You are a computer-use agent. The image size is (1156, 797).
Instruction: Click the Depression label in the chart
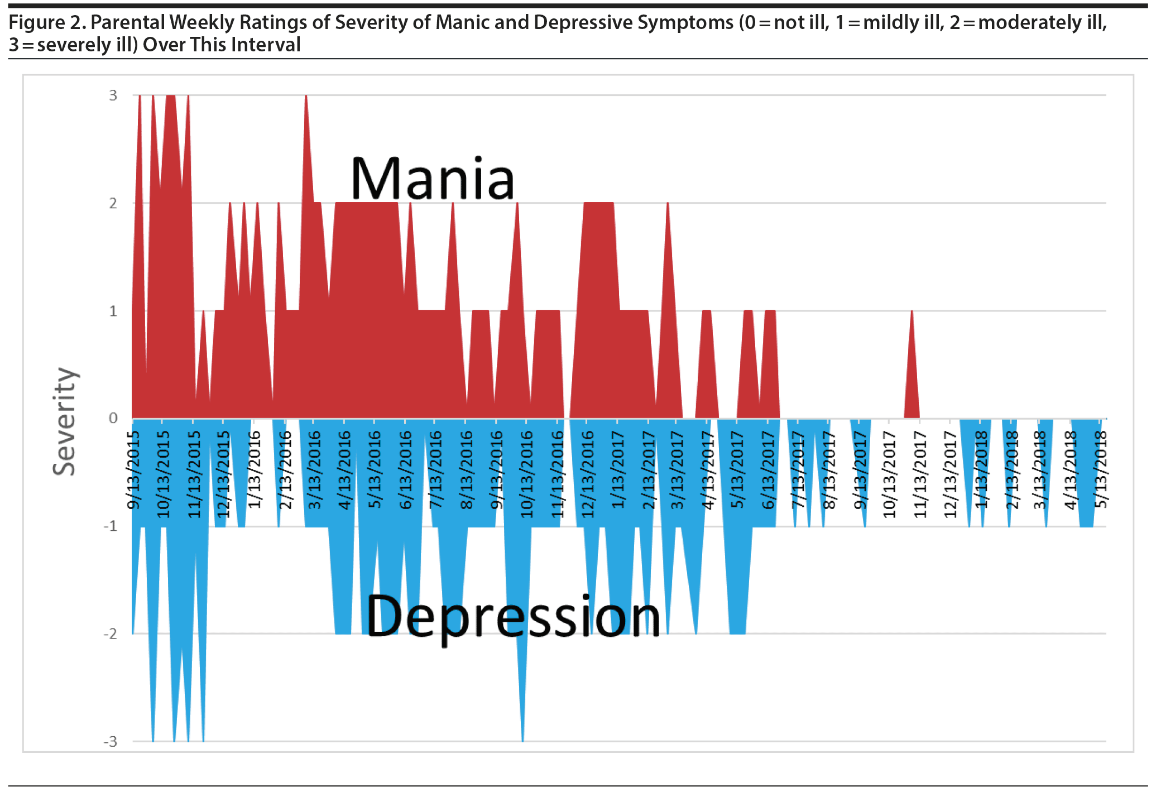coord(513,617)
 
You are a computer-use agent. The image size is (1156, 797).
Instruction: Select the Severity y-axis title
coord(65,421)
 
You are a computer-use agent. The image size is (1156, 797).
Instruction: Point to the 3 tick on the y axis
coord(113,95)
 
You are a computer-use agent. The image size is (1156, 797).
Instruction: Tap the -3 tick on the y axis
coord(111,742)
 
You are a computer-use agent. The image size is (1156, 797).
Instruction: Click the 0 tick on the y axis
coord(113,418)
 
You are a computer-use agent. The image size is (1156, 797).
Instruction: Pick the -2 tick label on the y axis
coord(111,634)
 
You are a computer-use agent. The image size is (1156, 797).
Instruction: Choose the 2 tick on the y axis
coord(113,203)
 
